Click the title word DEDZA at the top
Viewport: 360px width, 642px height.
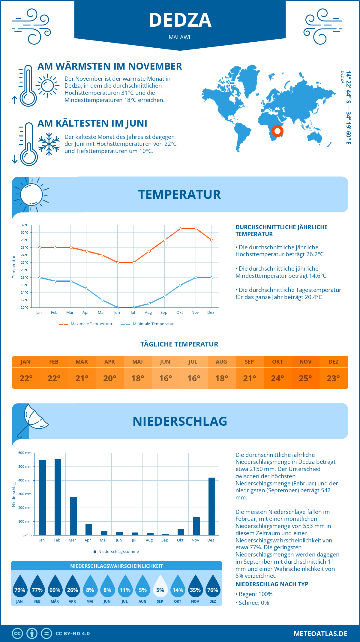[180, 20]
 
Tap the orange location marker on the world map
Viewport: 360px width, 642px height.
[277, 131]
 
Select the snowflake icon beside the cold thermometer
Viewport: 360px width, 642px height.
[49, 144]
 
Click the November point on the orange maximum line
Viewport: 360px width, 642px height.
[196, 229]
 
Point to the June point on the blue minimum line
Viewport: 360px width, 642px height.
[118, 307]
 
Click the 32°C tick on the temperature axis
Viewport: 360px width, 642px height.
[25, 225]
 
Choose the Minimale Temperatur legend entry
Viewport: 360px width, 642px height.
[147, 324]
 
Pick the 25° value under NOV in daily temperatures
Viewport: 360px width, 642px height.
[305, 378]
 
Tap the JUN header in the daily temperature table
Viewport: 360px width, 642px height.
[165, 362]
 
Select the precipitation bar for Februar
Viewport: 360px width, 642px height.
[58, 497]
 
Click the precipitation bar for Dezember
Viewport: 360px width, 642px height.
[212, 506]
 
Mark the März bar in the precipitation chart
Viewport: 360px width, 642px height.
[73, 516]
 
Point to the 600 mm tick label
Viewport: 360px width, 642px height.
[25, 453]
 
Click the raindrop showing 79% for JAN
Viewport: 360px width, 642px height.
[20, 586]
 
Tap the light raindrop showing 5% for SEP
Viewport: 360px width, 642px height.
[160, 586]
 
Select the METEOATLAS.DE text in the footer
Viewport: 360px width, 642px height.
[320, 634]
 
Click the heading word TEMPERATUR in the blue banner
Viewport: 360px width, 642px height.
[179, 194]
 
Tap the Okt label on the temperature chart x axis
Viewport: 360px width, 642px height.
[179, 313]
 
